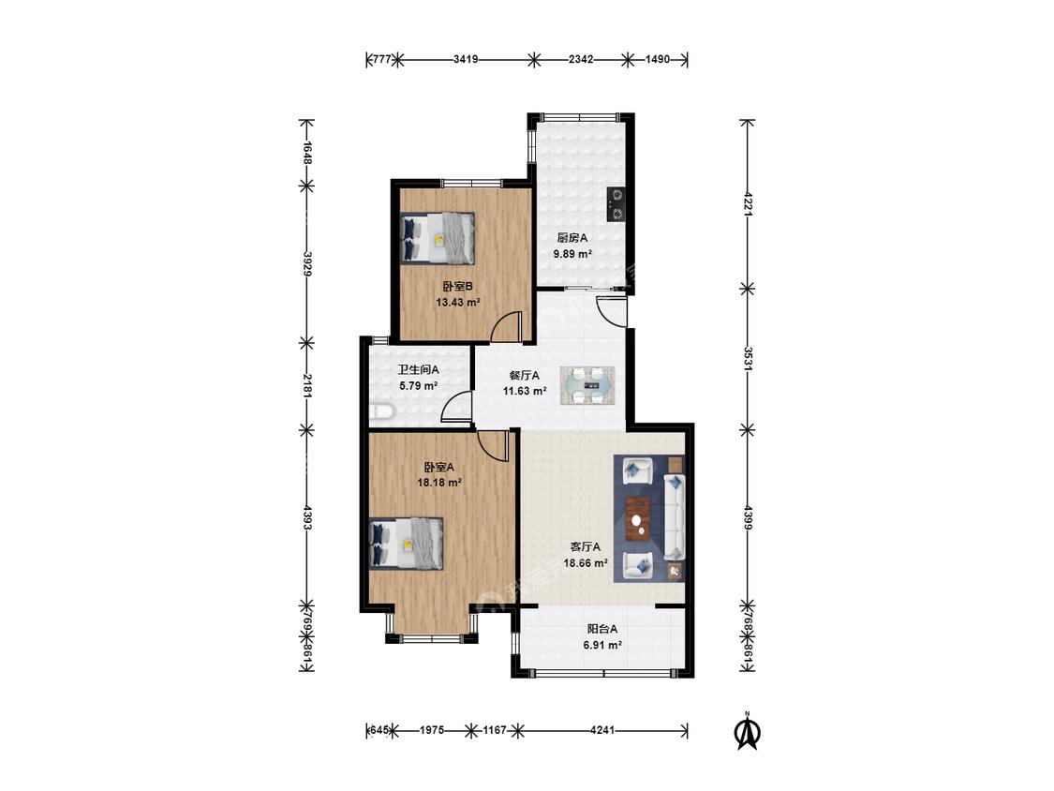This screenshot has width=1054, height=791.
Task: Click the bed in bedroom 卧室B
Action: (438, 238)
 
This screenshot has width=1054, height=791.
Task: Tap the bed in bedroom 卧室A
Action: (406, 544)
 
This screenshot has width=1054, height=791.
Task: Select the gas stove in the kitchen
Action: (616, 203)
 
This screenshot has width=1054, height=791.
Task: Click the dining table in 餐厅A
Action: (587, 385)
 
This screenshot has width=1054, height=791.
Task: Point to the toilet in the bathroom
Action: (380, 411)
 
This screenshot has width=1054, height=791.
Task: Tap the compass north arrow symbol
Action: (747, 730)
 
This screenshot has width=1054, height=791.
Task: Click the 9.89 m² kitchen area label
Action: (572, 254)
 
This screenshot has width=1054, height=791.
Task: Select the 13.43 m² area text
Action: (458, 303)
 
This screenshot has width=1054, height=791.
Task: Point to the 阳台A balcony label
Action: (602, 629)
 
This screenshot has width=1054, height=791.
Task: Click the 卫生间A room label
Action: (418, 369)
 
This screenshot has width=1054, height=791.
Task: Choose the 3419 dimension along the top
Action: (465, 59)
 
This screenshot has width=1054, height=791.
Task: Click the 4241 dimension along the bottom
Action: (602, 730)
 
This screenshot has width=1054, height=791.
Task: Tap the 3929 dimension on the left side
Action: (306, 264)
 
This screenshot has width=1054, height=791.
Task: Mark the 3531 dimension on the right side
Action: (748, 359)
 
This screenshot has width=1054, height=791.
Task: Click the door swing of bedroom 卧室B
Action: (506, 327)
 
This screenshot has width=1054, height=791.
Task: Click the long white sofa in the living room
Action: (675, 516)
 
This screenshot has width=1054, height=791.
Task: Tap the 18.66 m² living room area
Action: (586, 563)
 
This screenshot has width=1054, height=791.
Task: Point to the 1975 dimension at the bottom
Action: (432, 730)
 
